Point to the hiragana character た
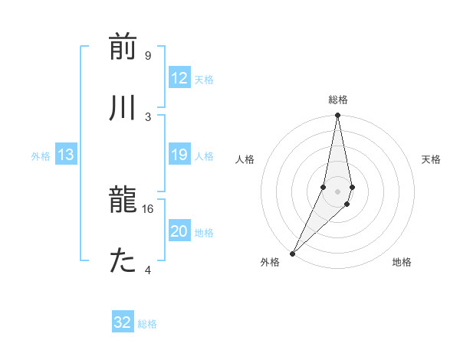click(123, 261)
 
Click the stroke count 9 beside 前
click(147, 56)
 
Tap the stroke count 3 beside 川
click(147, 116)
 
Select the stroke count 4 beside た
click(147, 269)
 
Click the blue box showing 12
click(179, 78)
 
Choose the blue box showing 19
click(179, 155)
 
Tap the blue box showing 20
click(179, 232)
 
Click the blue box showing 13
click(65, 155)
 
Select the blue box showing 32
click(123, 322)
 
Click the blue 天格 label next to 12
click(204, 79)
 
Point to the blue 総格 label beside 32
click(147, 324)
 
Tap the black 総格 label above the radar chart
click(338, 100)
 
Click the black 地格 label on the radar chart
click(402, 262)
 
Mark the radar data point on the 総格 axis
click(337, 116)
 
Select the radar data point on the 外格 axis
click(292, 253)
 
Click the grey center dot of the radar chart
click(337, 191)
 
